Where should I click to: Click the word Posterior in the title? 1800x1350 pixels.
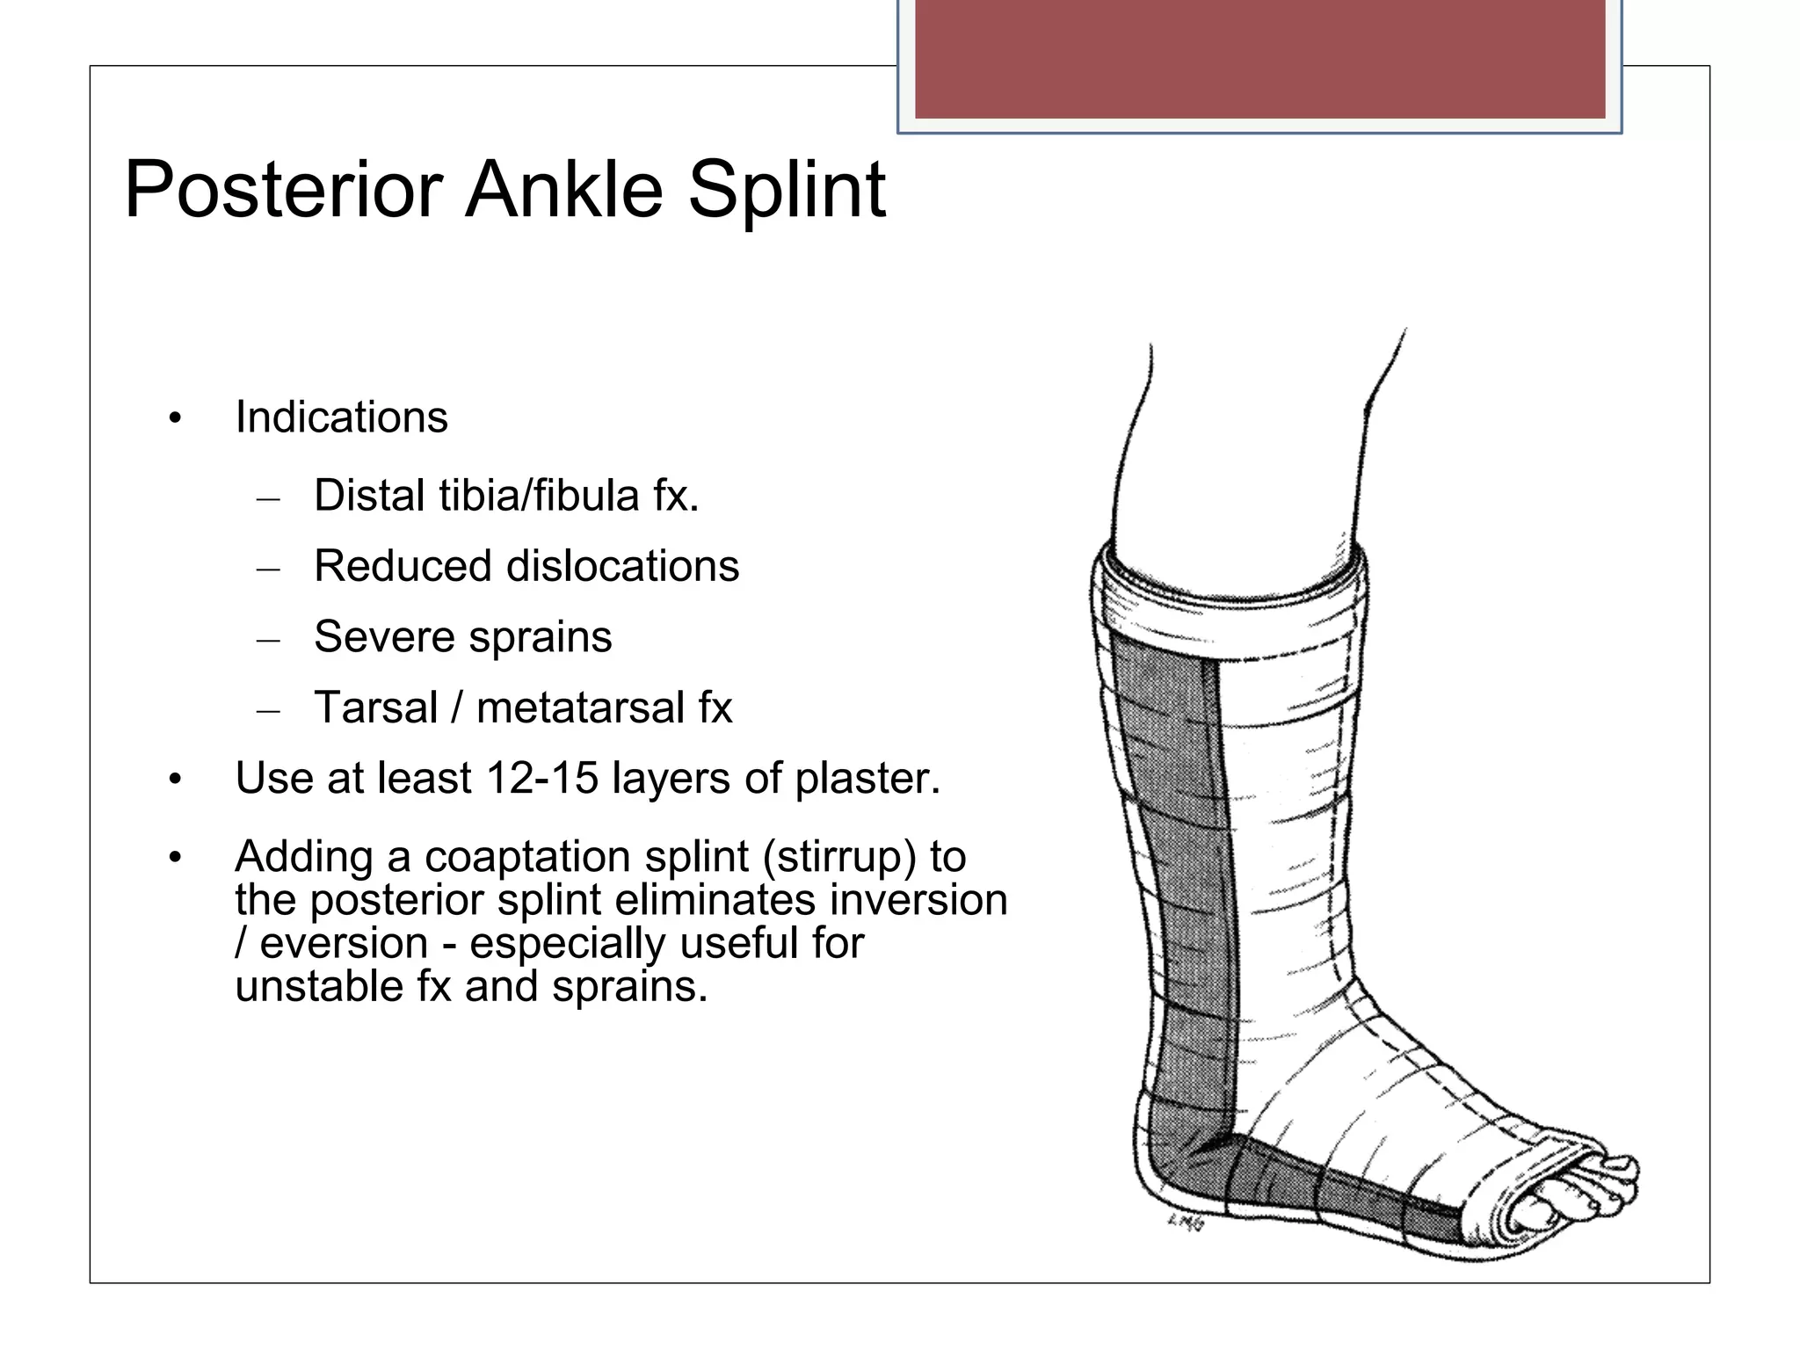click(284, 190)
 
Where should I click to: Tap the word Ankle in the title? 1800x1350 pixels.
click(563, 190)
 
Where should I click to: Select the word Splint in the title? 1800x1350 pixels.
click(787, 190)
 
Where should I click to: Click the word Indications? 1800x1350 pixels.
click(341, 417)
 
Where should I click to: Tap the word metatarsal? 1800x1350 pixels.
click(579, 708)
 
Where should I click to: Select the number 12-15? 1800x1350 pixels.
click(542, 779)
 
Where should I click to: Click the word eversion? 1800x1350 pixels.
click(344, 944)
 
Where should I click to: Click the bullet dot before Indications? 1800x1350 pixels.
click(176, 418)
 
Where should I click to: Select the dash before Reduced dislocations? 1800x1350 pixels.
click(268, 570)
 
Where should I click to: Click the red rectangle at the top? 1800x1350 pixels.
click(1259, 58)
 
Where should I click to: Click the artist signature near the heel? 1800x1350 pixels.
click(1186, 1223)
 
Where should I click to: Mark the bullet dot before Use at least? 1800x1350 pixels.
click(176, 780)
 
